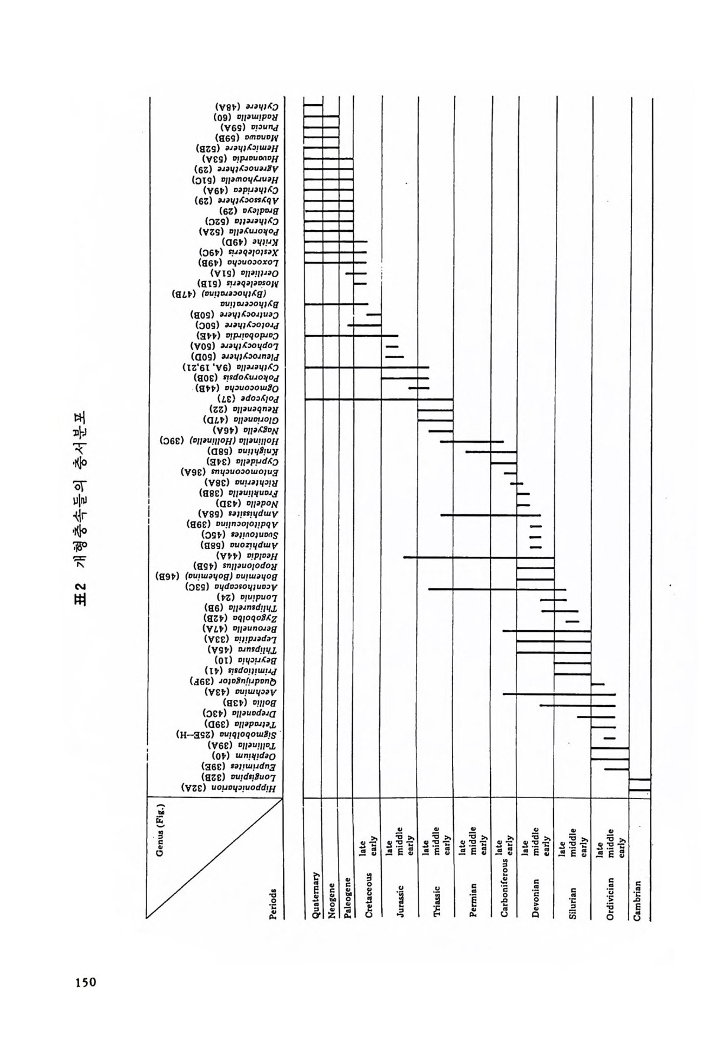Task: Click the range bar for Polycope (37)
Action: click(379, 400)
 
